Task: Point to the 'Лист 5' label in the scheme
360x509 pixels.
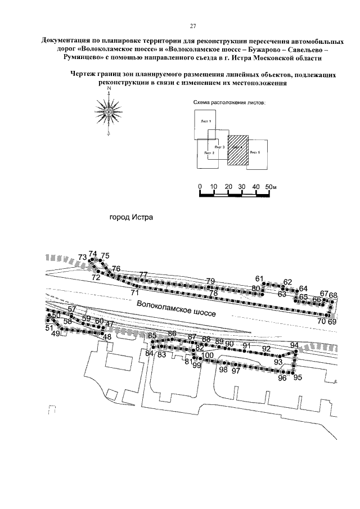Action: pyautogui.click(x=255, y=152)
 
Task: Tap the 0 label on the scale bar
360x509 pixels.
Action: pyautogui.click(x=200, y=187)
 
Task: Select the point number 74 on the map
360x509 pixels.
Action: pyautogui.click(x=93, y=254)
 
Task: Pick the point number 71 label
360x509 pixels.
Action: pyautogui.click(x=134, y=293)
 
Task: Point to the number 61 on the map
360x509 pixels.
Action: pyautogui.click(x=259, y=278)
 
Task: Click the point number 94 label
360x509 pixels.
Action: pyautogui.click(x=294, y=345)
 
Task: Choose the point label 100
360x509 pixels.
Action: pyautogui.click(x=208, y=355)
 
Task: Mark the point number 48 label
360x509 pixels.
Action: pyautogui.click(x=106, y=337)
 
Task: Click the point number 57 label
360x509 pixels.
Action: pyautogui.click(x=71, y=310)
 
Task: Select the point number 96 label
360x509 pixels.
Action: pyautogui.click(x=282, y=379)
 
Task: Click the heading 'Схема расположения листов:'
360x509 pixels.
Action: pyautogui.click(x=228, y=103)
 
